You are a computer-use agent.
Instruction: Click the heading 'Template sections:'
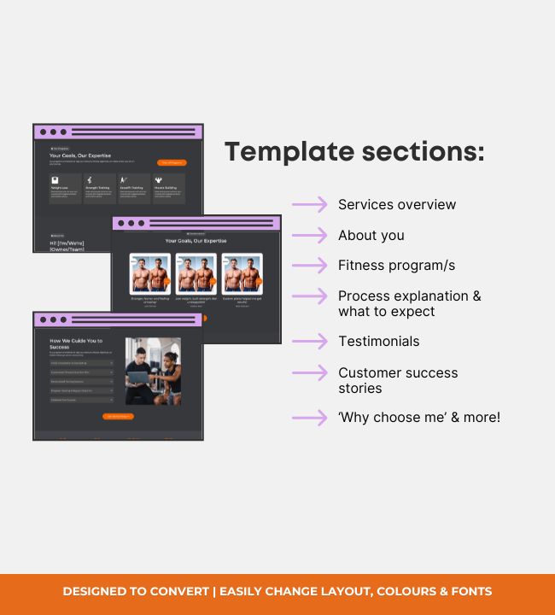tap(354, 152)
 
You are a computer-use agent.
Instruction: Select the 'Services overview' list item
tap(397, 205)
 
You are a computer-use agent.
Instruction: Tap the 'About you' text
tap(371, 236)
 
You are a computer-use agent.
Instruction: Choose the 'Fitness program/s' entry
tap(396, 266)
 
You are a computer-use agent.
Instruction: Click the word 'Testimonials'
tap(378, 342)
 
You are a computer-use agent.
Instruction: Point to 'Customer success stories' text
tap(398, 380)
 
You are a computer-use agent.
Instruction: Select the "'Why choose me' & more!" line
tap(419, 418)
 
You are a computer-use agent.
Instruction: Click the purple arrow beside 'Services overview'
tap(309, 205)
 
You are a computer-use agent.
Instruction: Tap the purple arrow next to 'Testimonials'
tap(309, 342)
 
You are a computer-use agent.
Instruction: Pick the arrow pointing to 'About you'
tap(309, 236)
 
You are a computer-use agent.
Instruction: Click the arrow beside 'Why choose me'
tap(309, 418)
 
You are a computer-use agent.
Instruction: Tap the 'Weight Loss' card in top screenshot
tap(65, 189)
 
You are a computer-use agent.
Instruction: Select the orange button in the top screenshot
tap(171, 162)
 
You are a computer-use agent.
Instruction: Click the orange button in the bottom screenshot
tap(119, 417)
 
